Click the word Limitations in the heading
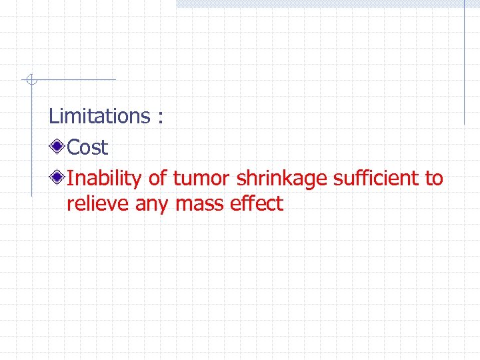[99, 116]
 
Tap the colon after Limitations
[160, 118]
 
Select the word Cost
[87, 147]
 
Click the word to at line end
[433, 179]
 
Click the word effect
[257, 204]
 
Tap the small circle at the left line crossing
[31, 81]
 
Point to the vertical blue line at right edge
[464, 63]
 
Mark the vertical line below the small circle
[31, 140]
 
